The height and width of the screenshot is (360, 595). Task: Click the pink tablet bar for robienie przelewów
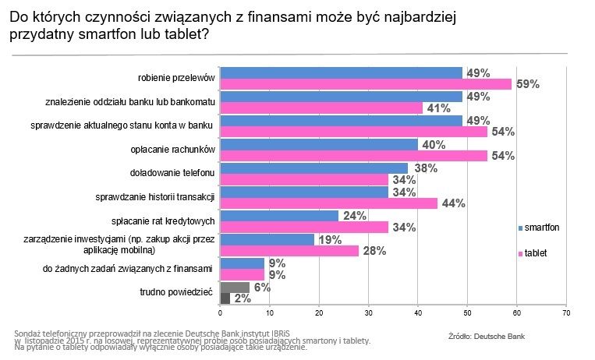pos(366,84)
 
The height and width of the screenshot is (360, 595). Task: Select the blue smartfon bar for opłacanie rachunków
pos(319,144)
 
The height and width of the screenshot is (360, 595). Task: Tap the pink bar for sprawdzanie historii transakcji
pos(328,203)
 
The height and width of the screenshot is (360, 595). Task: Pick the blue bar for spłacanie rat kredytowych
pos(279,216)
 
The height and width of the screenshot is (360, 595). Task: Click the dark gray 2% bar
pos(225,298)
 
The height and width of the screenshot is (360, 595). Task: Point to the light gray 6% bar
pos(235,287)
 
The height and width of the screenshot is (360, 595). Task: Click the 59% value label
pos(527,84)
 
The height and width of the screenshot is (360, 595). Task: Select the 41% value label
pos(438,108)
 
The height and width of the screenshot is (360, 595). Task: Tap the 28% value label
pos(374,251)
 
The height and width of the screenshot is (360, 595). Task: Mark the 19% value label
pos(330,239)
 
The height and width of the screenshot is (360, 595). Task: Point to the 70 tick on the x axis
pos(565,313)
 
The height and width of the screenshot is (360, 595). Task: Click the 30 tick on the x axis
pos(369,313)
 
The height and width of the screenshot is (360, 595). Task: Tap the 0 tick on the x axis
pos(221,313)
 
